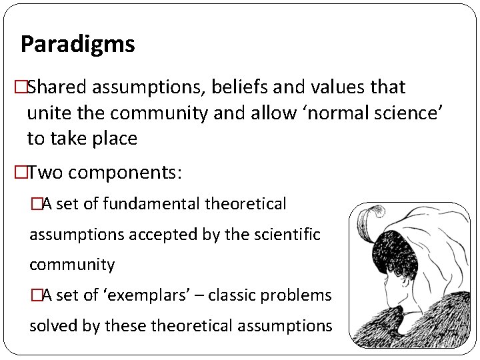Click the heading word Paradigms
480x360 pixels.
pos(77,45)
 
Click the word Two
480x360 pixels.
pos(45,173)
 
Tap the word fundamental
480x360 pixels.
pos(142,204)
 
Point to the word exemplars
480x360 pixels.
pos(145,295)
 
